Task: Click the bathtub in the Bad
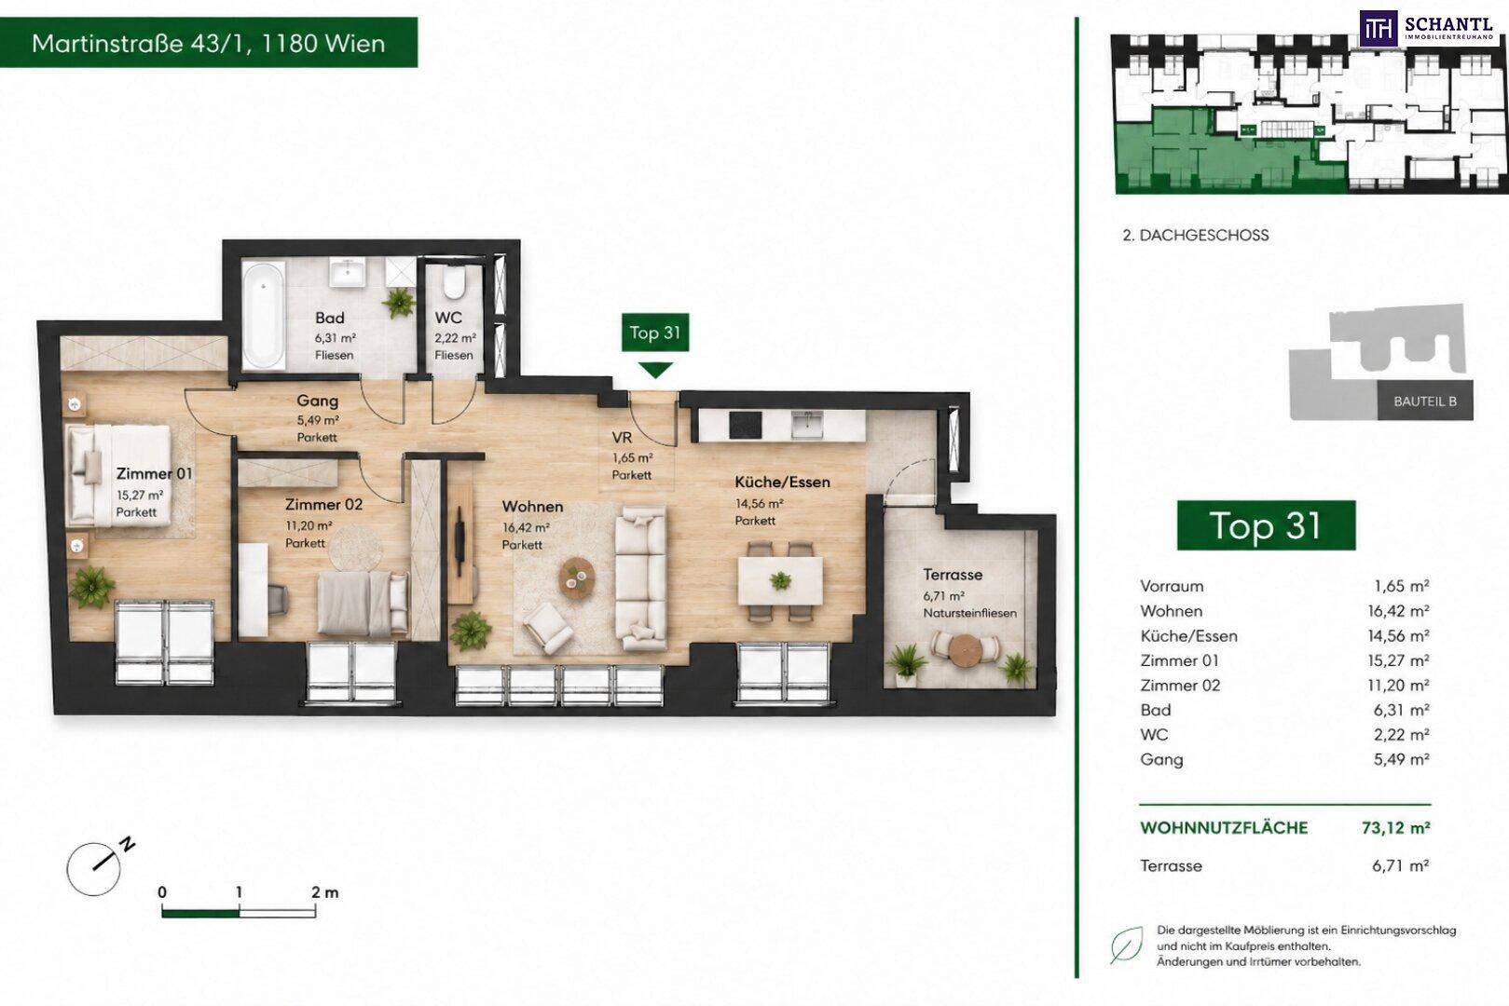point(264,315)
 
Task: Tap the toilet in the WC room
point(453,283)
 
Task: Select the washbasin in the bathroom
point(348,272)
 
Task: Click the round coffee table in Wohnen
point(577,578)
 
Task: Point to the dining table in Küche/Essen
point(780,580)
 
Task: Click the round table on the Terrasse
point(964,649)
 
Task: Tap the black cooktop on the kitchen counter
point(746,424)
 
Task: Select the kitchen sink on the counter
point(807,424)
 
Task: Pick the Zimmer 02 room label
point(323,504)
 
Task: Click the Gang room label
point(317,401)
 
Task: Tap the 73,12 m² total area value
point(1396,827)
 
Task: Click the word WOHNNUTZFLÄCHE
point(1224,827)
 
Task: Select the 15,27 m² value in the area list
point(1398,660)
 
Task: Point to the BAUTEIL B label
point(1425,401)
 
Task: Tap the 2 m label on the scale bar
point(324,893)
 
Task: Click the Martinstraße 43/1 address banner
point(208,43)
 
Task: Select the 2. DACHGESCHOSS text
point(1196,235)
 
